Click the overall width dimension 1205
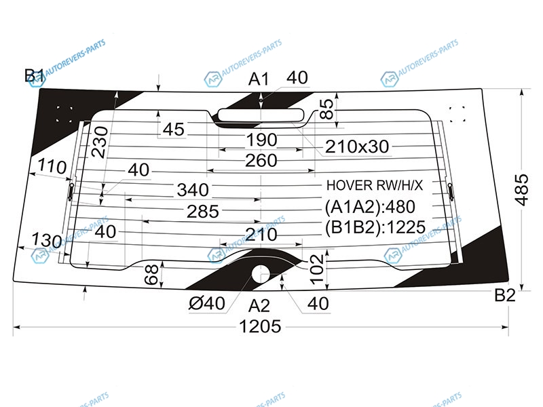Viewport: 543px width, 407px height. [x=260, y=326]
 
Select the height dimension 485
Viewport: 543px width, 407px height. [x=521, y=190]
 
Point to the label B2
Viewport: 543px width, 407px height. [x=505, y=295]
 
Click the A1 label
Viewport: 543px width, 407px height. [x=259, y=79]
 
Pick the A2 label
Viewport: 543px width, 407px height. [x=259, y=306]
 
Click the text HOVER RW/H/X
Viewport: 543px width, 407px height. [x=375, y=185]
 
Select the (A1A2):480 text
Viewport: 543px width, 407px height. [x=370, y=207]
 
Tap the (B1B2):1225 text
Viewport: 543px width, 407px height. [x=375, y=227]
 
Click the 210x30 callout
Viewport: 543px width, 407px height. [x=357, y=147]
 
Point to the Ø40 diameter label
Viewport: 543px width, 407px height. [x=207, y=303]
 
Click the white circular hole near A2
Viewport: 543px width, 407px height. [x=261, y=274]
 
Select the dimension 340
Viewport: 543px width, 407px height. [x=193, y=190]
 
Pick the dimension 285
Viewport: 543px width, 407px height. [x=203, y=211]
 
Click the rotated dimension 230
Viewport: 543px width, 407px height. [x=100, y=142]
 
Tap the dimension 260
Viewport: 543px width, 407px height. [x=261, y=161]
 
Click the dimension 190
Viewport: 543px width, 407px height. [x=261, y=140]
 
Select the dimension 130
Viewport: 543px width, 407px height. [x=47, y=240]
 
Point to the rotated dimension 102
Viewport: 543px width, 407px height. [x=317, y=269]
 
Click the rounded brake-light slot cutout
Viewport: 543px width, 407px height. [x=261, y=115]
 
